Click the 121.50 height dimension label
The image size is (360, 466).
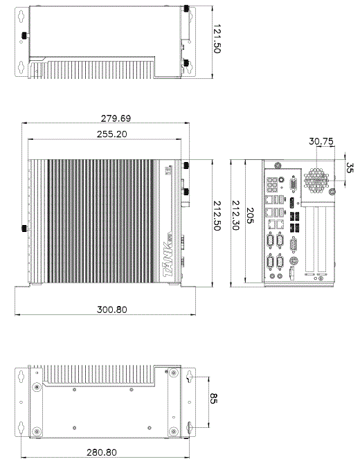(x=217, y=39)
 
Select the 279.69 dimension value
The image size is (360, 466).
(x=116, y=118)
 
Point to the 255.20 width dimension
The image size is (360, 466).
(x=112, y=134)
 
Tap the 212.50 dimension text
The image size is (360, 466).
(x=217, y=216)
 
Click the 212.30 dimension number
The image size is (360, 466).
(x=235, y=215)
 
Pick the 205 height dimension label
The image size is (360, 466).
(x=250, y=215)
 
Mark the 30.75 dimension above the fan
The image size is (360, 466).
(x=321, y=141)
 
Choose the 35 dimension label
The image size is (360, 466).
(x=350, y=168)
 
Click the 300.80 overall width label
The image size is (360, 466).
(x=112, y=310)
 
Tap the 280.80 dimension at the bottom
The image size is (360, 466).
(x=102, y=452)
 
